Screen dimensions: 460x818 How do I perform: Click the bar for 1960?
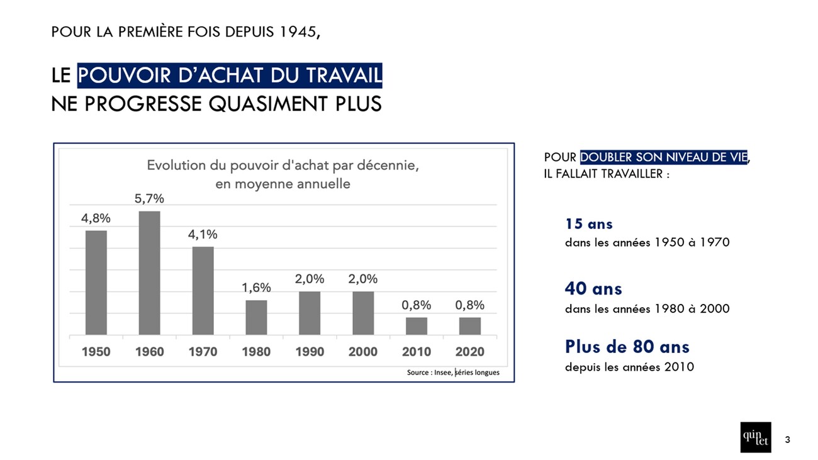click(149, 272)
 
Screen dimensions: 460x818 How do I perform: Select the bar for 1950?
click(96, 282)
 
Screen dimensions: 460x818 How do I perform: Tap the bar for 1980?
click(256, 317)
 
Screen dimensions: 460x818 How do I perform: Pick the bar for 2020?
click(469, 326)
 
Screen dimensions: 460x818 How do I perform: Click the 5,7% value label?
click(149, 199)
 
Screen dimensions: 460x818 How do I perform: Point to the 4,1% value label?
click(203, 235)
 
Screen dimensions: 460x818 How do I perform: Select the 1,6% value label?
click(256, 288)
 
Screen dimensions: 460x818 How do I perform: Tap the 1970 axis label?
click(203, 352)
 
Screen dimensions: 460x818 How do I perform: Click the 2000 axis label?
click(363, 352)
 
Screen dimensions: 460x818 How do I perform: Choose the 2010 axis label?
click(417, 352)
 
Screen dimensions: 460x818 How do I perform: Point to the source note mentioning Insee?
click(453, 373)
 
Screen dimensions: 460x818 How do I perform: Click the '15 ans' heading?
click(588, 224)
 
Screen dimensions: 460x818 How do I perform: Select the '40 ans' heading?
click(593, 289)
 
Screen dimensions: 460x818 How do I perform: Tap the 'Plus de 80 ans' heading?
click(627, 347)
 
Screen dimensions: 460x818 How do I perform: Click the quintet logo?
click(755, 437)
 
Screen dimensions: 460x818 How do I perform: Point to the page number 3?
click(787, 439)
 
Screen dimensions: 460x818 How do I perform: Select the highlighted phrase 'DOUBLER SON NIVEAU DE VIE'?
click(664, 157)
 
